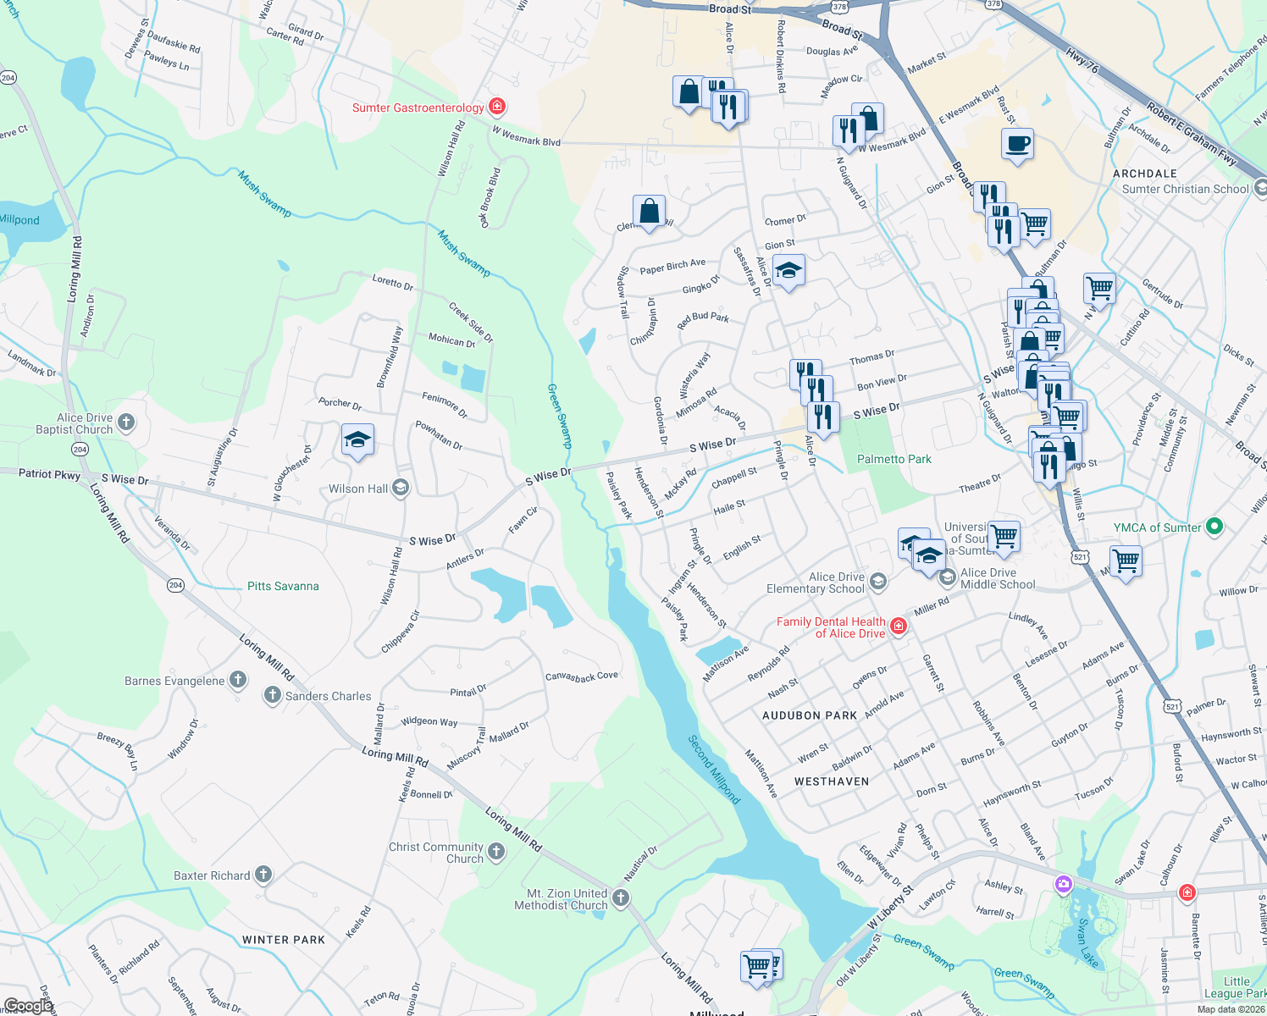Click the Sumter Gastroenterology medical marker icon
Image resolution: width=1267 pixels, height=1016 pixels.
(497, 107)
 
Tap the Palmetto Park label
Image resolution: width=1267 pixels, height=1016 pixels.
(894, 459)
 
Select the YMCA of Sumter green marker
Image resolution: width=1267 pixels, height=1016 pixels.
(1214, 527)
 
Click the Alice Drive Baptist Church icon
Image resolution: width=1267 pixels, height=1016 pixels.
(126, 422)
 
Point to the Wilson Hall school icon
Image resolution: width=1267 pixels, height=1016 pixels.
(401, 488)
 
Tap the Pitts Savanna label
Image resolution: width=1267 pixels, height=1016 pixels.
(283, 586)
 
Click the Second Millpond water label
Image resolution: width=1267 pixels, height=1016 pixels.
(714, 769)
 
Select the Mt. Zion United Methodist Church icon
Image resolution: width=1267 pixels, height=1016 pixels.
(621, 898)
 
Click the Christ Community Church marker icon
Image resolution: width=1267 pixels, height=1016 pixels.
(496, 852)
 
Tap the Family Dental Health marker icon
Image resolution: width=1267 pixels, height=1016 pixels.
(899, 627)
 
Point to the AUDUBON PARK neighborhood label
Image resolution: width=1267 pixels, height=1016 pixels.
(809, 715)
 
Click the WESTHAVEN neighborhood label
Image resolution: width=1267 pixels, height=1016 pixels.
(832, 781)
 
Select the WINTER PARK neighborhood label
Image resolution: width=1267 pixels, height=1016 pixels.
(284, 940)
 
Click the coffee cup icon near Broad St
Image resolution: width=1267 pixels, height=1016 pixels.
(1017, 144)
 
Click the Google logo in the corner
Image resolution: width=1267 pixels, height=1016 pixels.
(28, 1005)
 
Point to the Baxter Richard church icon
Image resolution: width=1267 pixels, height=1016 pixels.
(263, 875)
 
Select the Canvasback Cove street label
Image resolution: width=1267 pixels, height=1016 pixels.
(582, 676)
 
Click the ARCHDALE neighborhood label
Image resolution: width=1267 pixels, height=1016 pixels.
(1145, 174)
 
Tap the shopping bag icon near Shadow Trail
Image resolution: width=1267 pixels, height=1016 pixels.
(649, 212)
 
